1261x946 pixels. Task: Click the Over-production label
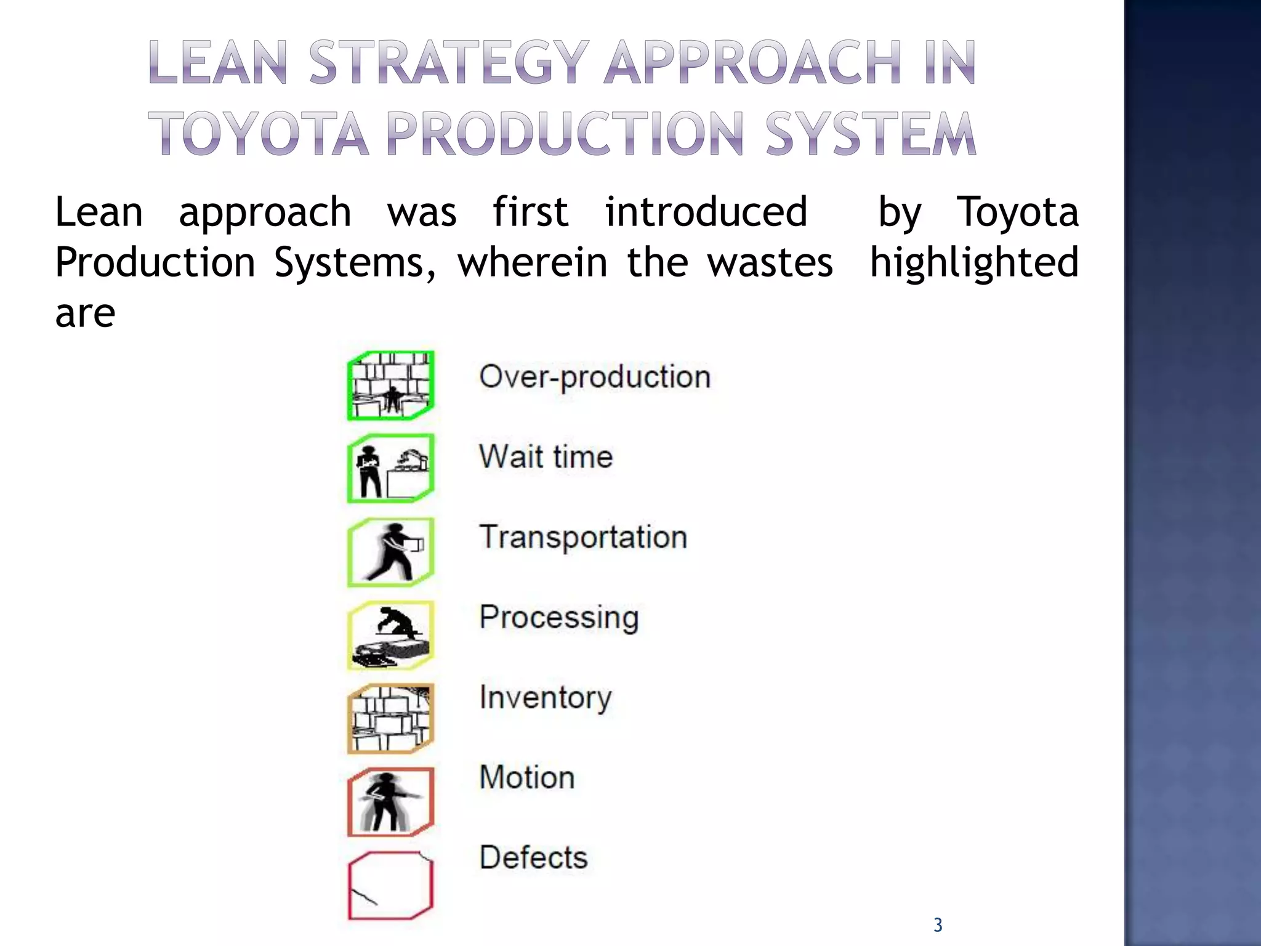595,376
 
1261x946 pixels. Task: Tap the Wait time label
546,457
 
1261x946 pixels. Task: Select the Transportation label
583,537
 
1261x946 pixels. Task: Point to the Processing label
559,618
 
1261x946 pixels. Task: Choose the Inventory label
546,698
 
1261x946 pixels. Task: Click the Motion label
527,777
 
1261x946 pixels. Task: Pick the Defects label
534,857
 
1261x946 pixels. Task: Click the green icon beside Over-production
391,386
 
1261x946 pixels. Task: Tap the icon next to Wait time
391,469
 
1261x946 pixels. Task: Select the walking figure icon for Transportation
391,552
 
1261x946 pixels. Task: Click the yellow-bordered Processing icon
391,635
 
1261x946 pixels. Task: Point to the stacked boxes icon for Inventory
391,718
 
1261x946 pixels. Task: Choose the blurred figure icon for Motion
391,801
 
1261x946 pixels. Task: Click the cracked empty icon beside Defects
391,884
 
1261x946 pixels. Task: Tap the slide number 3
938,925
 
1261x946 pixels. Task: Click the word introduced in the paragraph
706,212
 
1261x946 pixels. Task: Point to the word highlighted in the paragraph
974,262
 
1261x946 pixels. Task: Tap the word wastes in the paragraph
770,262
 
